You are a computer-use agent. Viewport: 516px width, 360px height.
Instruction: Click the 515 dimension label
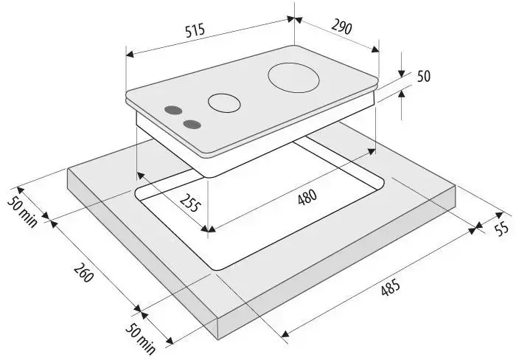[195, 30]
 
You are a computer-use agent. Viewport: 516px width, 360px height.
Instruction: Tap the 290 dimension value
[341, 27]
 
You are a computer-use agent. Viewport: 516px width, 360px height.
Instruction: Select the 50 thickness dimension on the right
[424, 76]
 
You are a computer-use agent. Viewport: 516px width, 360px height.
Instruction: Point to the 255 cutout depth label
[190, 203]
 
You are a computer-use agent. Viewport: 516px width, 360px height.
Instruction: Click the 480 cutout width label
[307, 197]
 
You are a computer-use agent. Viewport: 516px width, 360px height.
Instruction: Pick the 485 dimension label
[391, 288]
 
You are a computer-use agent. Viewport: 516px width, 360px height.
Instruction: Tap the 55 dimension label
[502, 228]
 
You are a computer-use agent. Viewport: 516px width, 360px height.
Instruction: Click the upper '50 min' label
[22, 212]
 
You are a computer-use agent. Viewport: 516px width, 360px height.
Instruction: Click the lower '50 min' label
[141, 339]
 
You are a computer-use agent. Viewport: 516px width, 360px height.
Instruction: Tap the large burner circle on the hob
[293, 77]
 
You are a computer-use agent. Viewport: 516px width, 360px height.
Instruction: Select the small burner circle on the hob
[224, 103]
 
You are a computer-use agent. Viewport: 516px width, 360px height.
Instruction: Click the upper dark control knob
[173, 111]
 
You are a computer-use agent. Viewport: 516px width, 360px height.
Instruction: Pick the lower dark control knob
[192, 125]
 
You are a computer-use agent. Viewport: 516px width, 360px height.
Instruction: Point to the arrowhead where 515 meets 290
[294, 19]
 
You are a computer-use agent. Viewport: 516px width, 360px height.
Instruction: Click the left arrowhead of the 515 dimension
[130, 54]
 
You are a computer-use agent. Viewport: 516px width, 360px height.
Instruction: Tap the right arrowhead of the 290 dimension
[375, 49]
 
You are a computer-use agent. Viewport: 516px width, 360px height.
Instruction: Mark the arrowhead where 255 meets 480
[208, 229]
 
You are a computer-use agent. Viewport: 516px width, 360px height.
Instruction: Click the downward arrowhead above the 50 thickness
[402, 74]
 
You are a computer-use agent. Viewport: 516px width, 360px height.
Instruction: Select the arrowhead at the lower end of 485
[285, 333]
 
